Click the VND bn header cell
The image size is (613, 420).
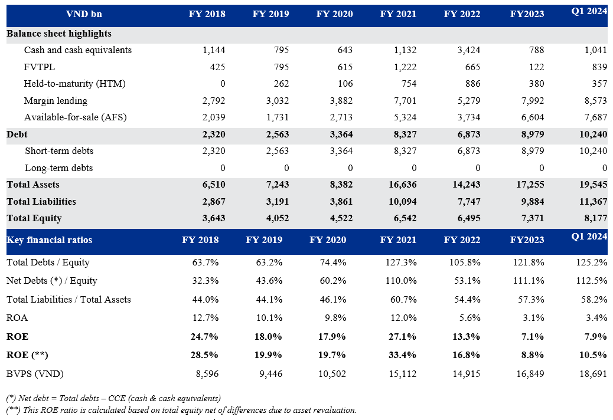[84, 14]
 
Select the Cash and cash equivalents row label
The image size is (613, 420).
[78, 50]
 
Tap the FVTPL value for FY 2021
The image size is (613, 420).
[405, 67]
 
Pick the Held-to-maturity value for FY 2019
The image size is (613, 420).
[281, 84]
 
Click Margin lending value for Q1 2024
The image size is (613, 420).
[596, 101]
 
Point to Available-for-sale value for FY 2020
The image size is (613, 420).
[341, 117]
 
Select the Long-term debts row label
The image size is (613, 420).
[58, 168]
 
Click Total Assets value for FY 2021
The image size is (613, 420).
[403, 185]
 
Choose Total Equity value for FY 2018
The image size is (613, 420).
[214, 218]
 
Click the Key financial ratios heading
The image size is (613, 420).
[49, 239]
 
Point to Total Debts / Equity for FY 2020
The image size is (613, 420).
[333, 262]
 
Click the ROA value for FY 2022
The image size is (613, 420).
[470, 318]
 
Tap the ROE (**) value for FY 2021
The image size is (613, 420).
[402, 355]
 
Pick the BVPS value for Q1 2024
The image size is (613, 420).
[594, 373]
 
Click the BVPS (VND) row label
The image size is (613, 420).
[35, 373]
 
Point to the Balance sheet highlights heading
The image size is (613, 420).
[59, 34]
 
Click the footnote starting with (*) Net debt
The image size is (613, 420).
[113, 398]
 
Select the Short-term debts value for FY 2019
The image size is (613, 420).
[278, 150]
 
